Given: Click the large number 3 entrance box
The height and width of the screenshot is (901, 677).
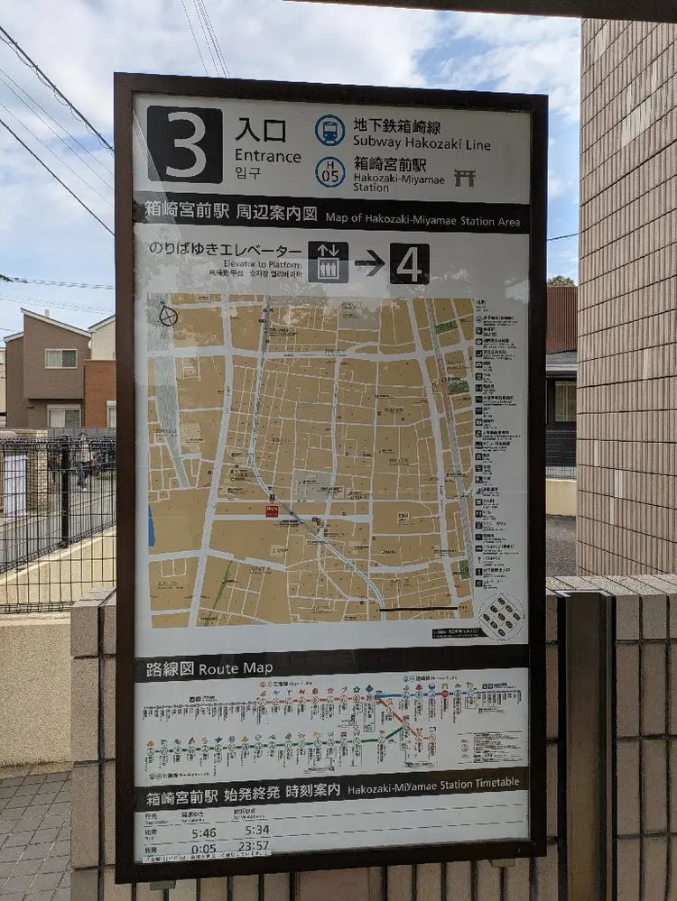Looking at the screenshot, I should [184, 144].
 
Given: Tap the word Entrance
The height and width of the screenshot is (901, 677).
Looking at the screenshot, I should [268, 156].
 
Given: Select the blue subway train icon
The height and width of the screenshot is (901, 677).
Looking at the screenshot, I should [329, 131].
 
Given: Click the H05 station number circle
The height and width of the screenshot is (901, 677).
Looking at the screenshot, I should [329, 171].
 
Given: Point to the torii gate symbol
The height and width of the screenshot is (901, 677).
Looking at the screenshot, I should [465, 177].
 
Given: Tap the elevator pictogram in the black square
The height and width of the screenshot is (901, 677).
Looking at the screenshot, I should [328, 262].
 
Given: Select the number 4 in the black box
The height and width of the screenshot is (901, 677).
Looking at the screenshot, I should [409, 263].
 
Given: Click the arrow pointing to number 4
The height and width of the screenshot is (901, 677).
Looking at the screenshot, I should [369, 262].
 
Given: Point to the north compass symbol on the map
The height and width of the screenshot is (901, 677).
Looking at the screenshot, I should [168, 315].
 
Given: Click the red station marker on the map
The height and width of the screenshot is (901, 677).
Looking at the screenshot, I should [272, 510].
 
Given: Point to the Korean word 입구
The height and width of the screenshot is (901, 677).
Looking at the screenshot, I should [247, 172].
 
